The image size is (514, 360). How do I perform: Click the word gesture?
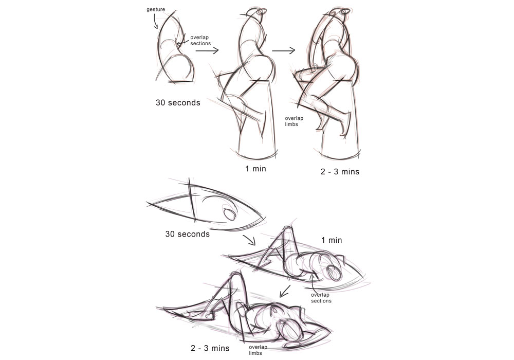point(156,9)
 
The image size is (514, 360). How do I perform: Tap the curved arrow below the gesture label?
point(154,21)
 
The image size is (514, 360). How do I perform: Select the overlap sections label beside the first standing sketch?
point(200,40)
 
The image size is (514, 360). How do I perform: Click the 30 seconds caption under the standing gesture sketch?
point(178,103)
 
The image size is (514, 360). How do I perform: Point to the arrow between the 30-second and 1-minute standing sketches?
point(207,50)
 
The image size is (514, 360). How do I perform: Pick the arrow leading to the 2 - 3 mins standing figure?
point(284,50)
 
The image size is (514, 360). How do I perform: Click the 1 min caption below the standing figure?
point(255,169)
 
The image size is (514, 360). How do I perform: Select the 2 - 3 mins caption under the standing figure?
point(340,172)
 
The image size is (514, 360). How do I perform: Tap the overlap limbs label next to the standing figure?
point(294,121)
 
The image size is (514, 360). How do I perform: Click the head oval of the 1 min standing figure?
point(262,12)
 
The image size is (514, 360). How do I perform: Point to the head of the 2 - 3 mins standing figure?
point(345,11)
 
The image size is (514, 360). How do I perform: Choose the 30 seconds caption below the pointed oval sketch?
point(188,234)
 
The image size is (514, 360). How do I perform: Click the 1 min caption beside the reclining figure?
point(332,240)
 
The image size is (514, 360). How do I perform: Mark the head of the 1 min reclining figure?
point(335,272)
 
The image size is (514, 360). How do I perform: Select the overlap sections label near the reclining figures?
point(321,298)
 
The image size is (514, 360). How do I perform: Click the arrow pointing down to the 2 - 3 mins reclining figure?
point(285,291)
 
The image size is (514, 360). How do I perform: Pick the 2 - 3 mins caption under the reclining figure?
point(210,348)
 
